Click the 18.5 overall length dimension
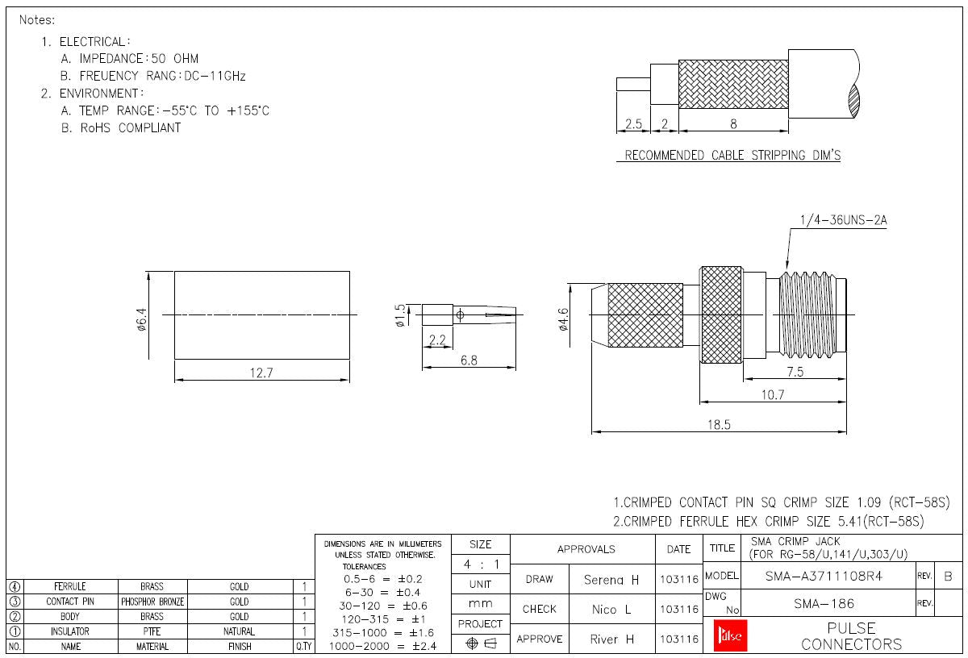click(719, 424)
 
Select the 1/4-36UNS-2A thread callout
click(843, 219)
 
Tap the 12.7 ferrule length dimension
click(262, 373)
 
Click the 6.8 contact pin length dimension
click(469, 360)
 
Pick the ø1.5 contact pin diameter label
click(400, 314)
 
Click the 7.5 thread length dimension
click(795, 372)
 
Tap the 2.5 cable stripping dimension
click(633, 124)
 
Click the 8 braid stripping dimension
click(733, 124)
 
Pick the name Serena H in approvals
click(611, 579)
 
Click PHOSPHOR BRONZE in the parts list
click(152, 602)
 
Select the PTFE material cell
click(152, 631)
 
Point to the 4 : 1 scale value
click(480, 564)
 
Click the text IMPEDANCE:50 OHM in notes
click(139, 59)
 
